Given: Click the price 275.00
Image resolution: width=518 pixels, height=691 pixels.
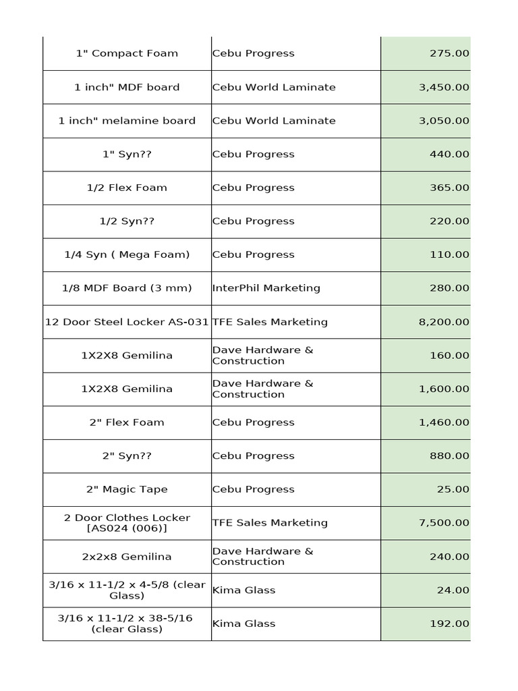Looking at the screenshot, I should click(449, 53).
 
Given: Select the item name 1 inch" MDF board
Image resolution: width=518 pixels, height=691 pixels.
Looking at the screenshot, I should click(127, 87).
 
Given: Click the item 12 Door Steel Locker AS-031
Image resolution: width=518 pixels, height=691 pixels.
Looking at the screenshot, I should click(127, 322).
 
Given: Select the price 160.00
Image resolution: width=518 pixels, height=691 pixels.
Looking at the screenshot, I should click(449, 356).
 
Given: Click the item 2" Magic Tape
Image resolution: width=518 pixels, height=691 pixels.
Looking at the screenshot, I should click(127, 489).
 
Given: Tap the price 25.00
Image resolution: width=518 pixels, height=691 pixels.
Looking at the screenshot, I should click(453, 489).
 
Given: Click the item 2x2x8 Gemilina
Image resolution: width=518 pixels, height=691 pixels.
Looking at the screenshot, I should click(127, 557).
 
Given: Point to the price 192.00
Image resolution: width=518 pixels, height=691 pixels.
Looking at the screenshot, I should click(449, 624).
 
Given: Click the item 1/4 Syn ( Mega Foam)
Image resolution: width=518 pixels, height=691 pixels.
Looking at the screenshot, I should click(127, 254).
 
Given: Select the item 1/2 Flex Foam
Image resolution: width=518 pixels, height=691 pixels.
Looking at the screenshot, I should click(127, 188).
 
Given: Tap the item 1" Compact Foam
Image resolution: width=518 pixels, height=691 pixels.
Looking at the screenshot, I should click(127, 53).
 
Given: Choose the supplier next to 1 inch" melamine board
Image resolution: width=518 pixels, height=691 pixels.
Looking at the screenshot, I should click(273, 121).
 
